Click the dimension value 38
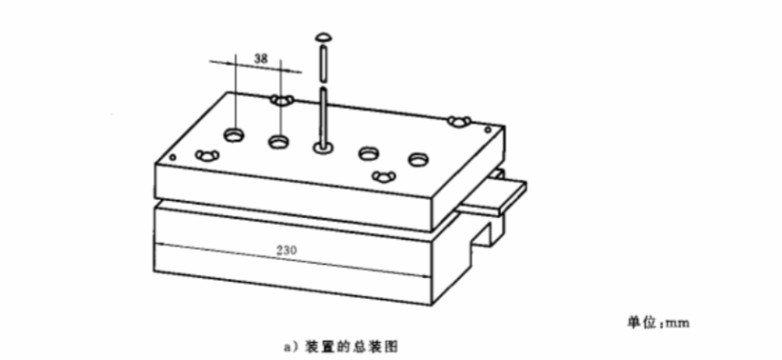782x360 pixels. (261, 58)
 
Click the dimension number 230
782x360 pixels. (287, 250)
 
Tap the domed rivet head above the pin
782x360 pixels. (323, 37)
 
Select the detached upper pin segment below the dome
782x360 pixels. (324, 63)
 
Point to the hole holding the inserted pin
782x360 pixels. (323, 147)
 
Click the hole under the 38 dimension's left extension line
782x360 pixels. (234, 134)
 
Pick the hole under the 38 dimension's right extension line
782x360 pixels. (279, 142)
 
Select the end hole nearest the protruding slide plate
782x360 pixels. (418, 160)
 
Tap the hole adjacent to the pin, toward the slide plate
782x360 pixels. (368, 153)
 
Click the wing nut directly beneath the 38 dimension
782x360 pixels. (283, 101)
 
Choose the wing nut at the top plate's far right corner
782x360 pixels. (459, 121)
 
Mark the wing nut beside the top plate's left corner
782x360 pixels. (208, 155)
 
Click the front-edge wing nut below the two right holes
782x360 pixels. (384, 176)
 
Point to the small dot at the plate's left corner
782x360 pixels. (172, 158)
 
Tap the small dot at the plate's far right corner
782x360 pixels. (488, 130)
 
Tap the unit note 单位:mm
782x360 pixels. (658, 323)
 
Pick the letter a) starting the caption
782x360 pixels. (290, 347)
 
